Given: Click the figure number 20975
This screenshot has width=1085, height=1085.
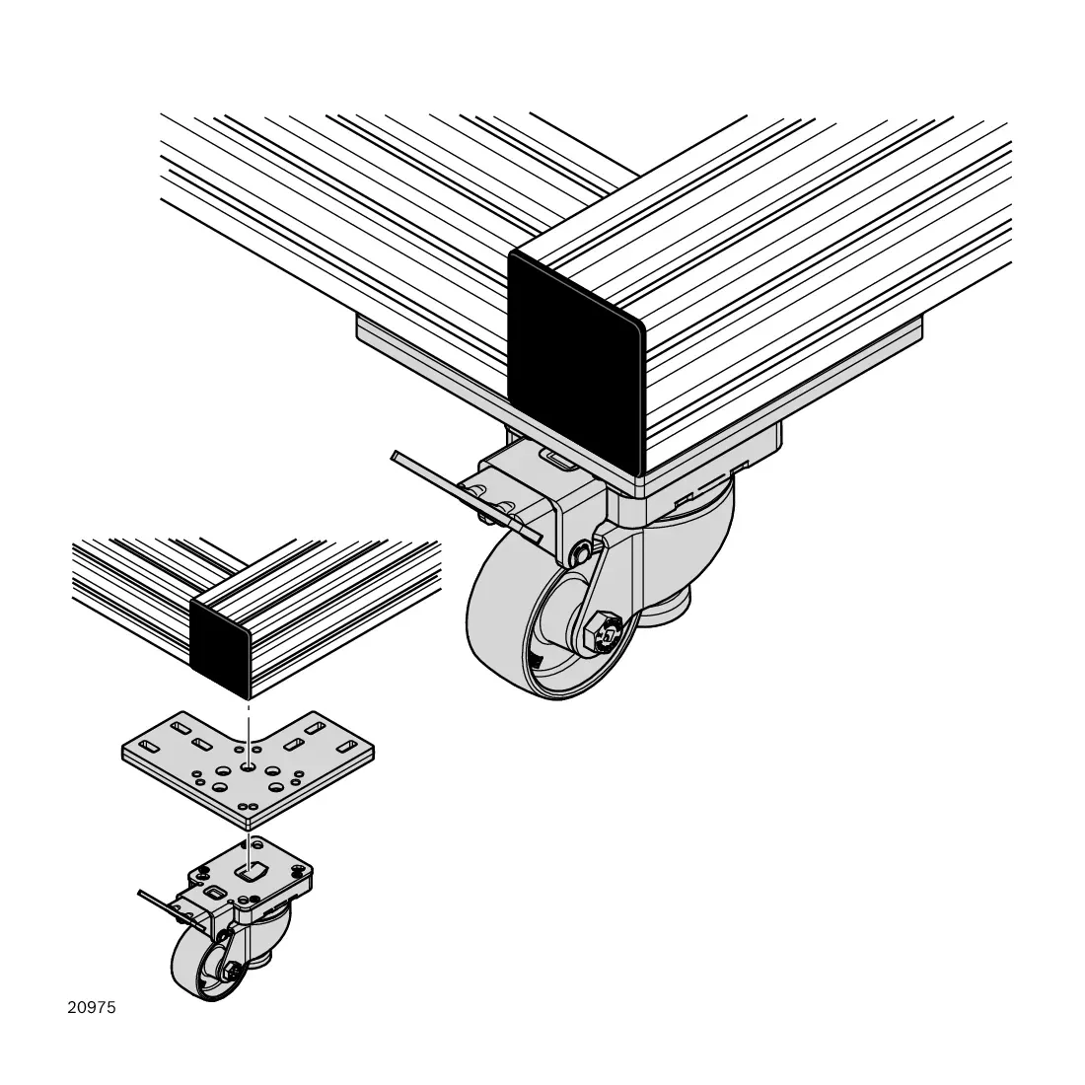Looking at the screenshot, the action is [x=92, y=1007].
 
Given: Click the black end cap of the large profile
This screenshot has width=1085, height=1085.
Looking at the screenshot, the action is [x=576, y=360].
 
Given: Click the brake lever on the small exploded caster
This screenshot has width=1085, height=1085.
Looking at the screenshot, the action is [x=170, y=907].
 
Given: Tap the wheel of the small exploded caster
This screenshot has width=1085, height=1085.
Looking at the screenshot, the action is [x=200, y=962].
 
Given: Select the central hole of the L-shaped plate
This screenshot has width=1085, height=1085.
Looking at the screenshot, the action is [x=247, y=766].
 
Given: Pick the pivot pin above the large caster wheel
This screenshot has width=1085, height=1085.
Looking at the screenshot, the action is [x=581, y=553].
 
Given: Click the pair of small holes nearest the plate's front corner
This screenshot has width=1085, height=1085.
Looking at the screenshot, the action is [x=247, y=806].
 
